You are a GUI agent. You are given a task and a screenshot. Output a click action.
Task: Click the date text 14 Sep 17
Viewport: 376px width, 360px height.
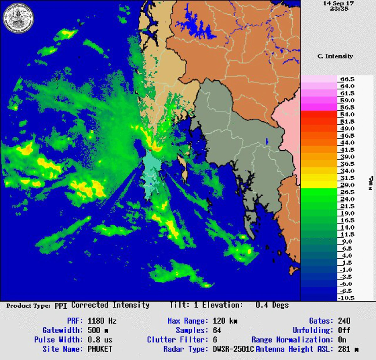point(338,3)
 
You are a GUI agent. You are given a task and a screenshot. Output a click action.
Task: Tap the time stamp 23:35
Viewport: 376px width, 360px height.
point(339,8)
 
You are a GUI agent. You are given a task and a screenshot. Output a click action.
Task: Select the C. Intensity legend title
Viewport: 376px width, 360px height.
point(335,56)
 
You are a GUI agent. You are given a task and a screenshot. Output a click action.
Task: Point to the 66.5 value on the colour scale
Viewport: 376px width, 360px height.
point(347,79)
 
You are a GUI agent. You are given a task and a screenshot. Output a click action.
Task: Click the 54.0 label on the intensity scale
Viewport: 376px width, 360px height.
point(347,114)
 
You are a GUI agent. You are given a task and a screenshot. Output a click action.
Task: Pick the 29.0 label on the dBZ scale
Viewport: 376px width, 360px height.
point(347,185)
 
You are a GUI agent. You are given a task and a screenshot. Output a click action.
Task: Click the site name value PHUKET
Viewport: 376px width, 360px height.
point(100,349)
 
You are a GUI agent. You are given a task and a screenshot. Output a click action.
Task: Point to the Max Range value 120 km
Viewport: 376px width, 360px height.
point(225,321)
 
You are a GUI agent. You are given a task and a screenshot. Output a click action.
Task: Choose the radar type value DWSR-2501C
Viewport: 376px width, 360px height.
point(233,349)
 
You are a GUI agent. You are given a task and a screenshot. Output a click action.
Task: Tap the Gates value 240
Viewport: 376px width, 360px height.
point(344,321)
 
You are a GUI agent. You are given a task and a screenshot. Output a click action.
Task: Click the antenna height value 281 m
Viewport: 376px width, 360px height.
point(348,349)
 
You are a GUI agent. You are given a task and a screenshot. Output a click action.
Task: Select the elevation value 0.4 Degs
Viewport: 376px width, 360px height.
point(272,305)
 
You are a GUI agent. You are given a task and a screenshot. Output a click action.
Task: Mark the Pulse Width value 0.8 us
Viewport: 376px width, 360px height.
point(100,340)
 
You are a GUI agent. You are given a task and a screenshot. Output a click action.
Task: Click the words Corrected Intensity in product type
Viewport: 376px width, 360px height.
point(110,305)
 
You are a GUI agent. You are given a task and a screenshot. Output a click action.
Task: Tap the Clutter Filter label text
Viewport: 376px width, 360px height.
point(177,340)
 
